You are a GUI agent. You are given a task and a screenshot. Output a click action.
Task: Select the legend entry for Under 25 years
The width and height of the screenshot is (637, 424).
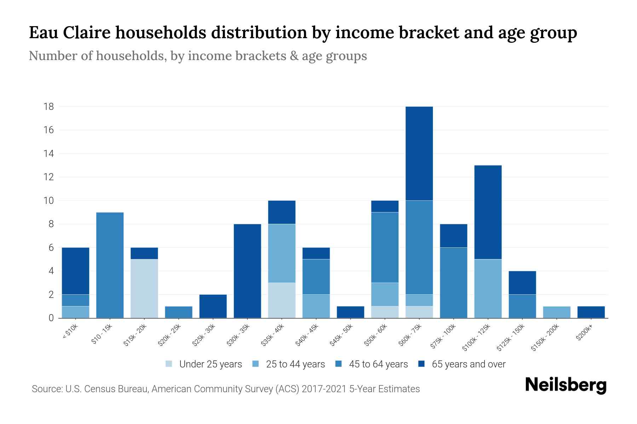204,364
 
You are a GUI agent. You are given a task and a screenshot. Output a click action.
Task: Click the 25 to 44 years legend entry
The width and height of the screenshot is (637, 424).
289,364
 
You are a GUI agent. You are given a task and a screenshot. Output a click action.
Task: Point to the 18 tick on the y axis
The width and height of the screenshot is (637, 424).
48,106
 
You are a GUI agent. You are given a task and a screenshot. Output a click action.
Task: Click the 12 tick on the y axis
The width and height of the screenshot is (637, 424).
48,177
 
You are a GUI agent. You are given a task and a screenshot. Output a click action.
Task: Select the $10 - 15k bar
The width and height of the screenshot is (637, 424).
110,265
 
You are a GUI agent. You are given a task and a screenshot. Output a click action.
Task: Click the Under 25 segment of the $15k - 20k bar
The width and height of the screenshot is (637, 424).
144,289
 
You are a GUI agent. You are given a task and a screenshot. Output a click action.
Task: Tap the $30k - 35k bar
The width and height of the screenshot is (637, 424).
247,271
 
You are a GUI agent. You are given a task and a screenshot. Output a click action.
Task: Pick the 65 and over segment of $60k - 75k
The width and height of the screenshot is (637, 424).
419,153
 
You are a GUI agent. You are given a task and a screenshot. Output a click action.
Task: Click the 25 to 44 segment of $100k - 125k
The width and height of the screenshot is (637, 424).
488,289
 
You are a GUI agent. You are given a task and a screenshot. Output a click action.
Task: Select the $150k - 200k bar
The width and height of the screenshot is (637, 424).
557,312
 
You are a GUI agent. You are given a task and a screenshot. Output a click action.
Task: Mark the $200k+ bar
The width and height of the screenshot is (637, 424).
591,312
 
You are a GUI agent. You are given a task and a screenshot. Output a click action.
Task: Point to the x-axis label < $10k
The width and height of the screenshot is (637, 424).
70,332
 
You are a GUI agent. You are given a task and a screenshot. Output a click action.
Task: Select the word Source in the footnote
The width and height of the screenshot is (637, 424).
46,389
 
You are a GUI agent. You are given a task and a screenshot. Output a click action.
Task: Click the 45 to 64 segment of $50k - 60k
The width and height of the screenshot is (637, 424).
385,247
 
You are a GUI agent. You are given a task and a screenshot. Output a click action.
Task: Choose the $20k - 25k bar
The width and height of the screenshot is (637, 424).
178,312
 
